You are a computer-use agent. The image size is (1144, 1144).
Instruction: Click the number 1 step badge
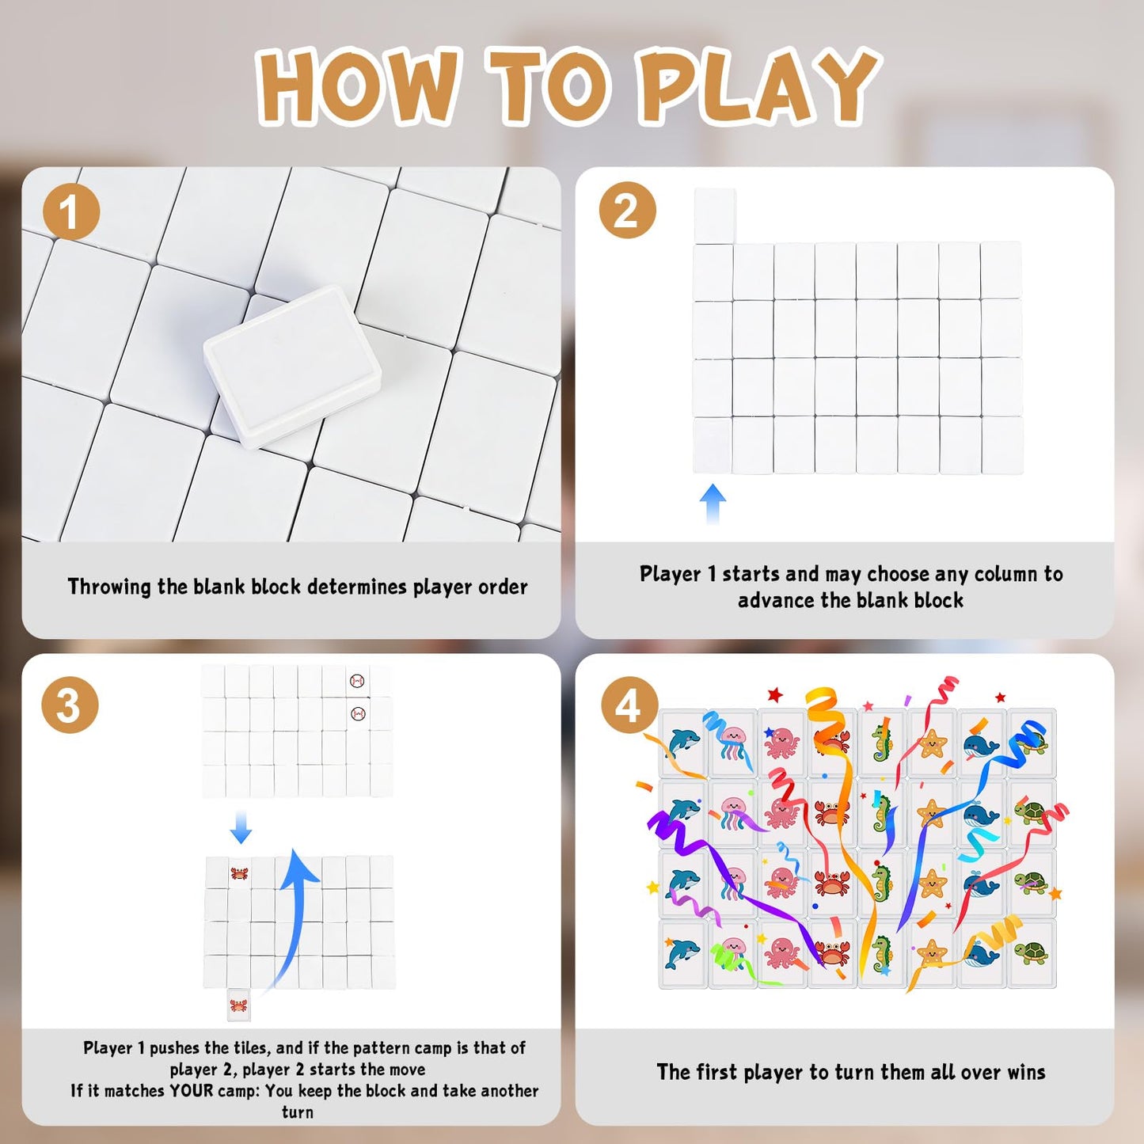[70, 211]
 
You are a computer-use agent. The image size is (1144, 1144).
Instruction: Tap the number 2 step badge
[627, 210]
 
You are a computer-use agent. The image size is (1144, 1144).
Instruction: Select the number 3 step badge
[70, 705]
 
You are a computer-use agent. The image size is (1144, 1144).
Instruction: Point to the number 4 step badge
[629, 705]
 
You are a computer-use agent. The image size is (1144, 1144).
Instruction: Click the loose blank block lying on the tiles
[292, 366]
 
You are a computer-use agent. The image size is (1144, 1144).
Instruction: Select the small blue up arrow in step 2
[713, 504]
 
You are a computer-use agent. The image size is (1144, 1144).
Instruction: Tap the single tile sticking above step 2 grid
[715, 215]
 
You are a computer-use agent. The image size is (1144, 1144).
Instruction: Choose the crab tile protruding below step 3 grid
[238, 1005]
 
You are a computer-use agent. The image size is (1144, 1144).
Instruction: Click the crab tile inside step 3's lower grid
[239, 872]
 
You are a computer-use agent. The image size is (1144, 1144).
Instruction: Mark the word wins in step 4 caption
[1026, 1072]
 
